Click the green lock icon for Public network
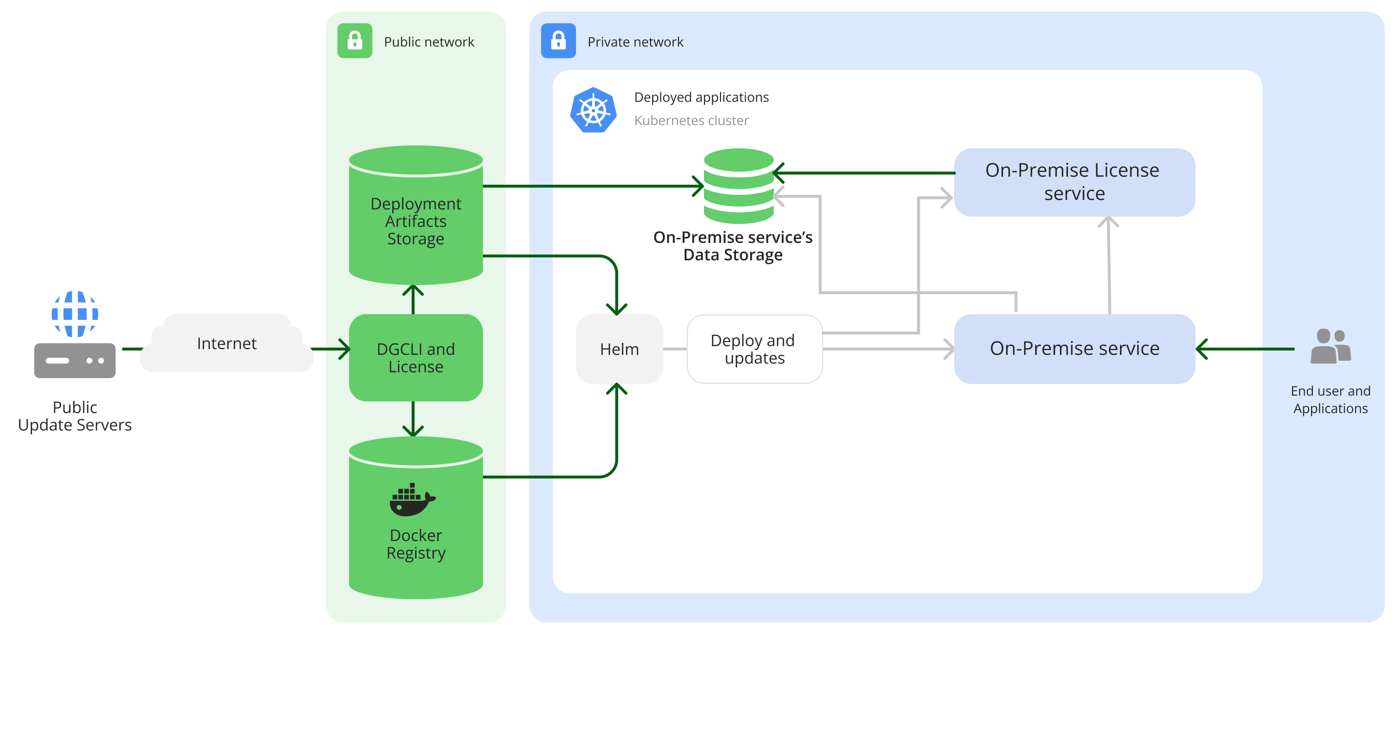354,41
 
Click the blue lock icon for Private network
558,41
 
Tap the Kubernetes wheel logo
593,110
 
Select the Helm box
619,349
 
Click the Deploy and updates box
754,349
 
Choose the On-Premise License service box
1074,182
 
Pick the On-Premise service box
1074,349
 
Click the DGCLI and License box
416,357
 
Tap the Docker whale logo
412,500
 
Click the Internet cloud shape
226,344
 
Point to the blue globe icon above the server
75,314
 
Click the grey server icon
75,360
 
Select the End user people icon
1330,346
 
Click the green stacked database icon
739,186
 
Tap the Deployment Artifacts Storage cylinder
416,216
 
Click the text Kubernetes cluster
691,120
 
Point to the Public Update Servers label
75,416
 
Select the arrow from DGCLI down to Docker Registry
413,419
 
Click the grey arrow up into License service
1109,265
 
